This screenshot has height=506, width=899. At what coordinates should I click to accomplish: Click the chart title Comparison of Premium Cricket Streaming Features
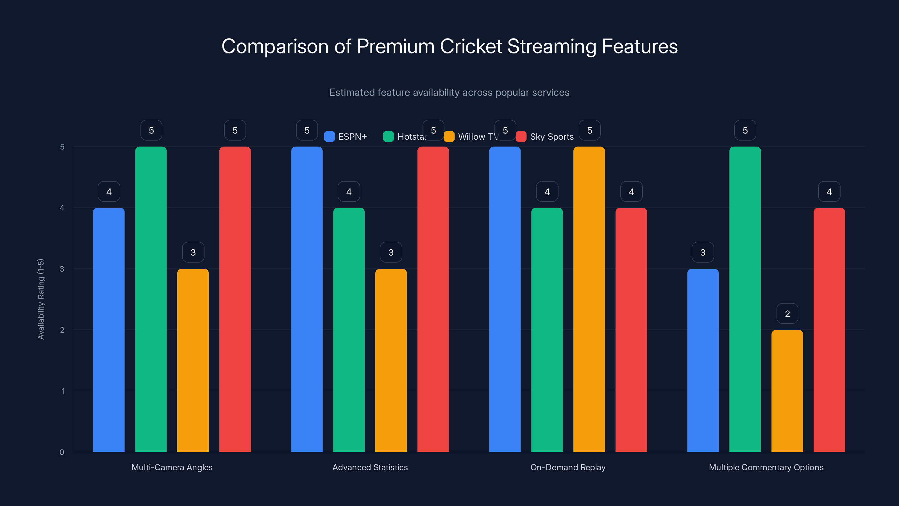point(449,46)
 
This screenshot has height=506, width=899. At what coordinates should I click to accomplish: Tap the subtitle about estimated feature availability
point(449,92)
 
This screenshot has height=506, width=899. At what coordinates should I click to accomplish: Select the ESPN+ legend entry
point(346,137)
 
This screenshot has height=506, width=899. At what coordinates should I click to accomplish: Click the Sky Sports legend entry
point(545,137)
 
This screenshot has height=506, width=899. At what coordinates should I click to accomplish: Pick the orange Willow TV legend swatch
point(449,137)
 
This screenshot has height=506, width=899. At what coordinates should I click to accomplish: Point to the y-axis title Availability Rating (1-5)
point(41,299)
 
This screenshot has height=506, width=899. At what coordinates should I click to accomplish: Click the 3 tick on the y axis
point(62,269)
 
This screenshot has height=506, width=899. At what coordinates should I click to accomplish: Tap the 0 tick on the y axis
point(62,452)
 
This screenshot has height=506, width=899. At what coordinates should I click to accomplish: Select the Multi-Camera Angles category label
point(172,467)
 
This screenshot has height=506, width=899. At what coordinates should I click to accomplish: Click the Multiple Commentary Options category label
point(766,467)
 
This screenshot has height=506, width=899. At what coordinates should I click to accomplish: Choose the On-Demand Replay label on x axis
point(568,467)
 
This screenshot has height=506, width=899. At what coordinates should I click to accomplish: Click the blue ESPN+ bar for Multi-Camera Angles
point(109,330)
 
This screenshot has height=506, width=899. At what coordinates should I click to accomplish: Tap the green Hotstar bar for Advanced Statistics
point(349,330)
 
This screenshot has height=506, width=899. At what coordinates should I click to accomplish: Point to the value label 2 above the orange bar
point(787,314)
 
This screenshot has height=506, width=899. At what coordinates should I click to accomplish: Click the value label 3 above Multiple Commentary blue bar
point(703,252)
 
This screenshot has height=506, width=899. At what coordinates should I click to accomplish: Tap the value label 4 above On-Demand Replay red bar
point(631,192)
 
